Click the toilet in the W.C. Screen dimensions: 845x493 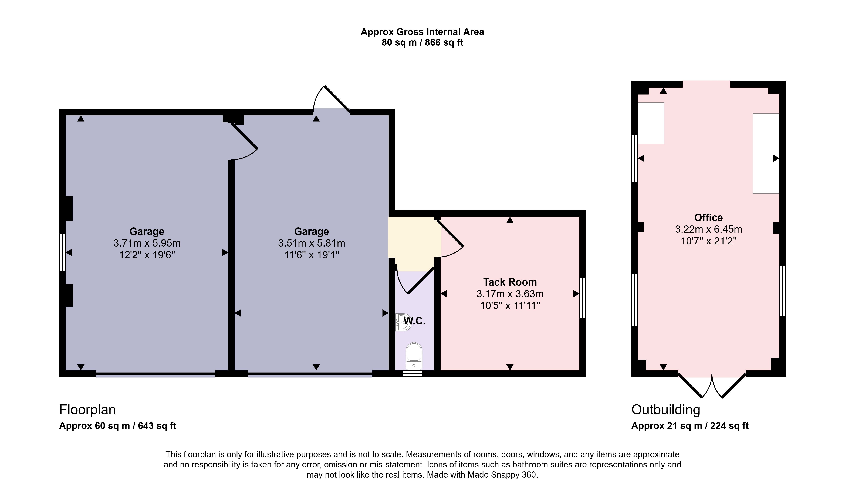(x=414, y=356)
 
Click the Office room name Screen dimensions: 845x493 (x=708, y=218)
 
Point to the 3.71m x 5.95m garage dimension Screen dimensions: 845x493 (x=147, y=243)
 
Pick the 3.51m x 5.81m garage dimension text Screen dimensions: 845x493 (x=312, y=243)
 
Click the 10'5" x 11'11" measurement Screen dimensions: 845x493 (x=510, y=305)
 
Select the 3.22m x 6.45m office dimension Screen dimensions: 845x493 (x=708, y=229)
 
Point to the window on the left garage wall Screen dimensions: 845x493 (x=62, y=252)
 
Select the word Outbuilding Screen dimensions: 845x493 (x=666, y=410)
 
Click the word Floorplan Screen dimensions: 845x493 (x=87, y=410)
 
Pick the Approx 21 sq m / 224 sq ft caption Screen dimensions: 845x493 (x=690, y=426)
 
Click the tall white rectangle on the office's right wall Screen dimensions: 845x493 (x=766, y=153)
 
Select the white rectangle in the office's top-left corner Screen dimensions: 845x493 (x=651, y=123)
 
